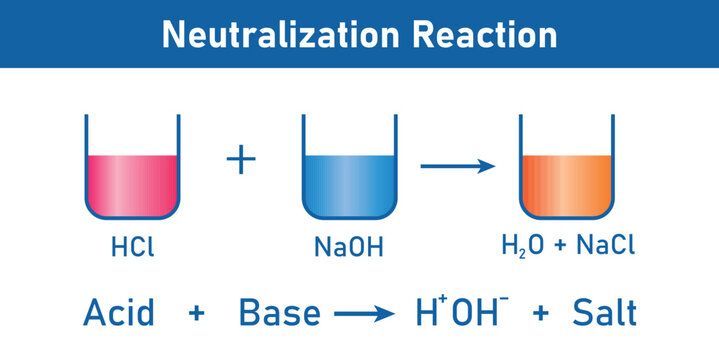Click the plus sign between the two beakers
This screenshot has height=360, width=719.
[240, 161]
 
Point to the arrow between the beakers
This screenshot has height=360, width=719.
[457, 166]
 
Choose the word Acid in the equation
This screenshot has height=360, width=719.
[119, 313]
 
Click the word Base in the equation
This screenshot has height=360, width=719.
[280, 313]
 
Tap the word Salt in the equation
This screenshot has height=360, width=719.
[604, 313]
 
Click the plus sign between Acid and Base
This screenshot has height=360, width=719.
[197, 314]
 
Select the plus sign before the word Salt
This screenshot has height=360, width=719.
[540, 314]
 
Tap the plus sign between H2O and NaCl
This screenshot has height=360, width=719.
[563, 246]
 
